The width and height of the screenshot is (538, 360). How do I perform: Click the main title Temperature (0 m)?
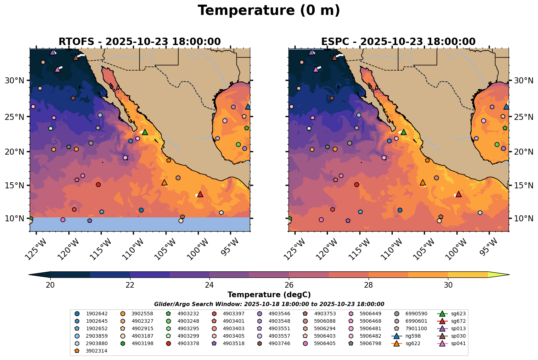[x=269, y=11]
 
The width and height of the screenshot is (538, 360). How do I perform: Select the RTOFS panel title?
[x=140, y=42]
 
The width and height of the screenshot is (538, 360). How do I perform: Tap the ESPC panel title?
[x=398, y=42]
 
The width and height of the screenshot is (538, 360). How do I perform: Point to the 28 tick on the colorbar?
[x=369, y=285]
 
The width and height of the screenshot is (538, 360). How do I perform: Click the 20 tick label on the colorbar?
[x=50, y=285]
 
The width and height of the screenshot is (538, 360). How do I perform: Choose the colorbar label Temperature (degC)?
[x=269, y=295]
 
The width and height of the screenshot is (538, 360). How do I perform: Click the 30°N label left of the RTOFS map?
[x=15, y=81]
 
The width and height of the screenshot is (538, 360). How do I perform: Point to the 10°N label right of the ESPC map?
[x=524, y=218]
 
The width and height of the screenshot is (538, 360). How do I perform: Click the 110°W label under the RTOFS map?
[x=134, y=245]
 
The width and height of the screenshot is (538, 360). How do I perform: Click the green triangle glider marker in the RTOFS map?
[x=145, y=132]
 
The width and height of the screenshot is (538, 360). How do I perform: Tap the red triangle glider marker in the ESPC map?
[x=459, y=194]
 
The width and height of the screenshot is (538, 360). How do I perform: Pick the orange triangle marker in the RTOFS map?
[x=164, y=183]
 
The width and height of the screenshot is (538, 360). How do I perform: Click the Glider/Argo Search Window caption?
[x=269, y=304]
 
